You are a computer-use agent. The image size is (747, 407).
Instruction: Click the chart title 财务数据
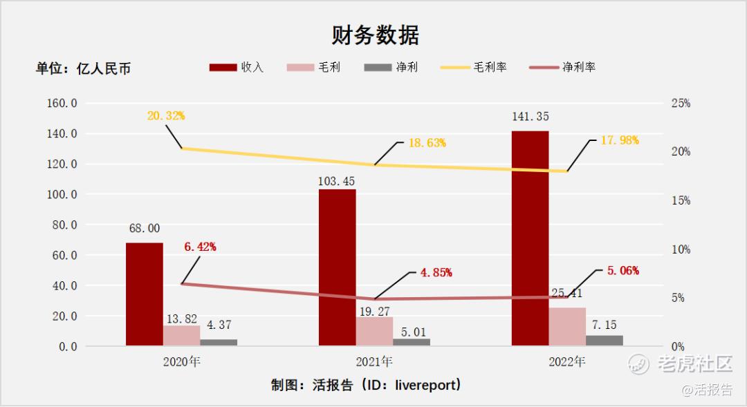point(374,35)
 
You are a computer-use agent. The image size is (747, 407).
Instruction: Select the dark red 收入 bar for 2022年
point(530,238)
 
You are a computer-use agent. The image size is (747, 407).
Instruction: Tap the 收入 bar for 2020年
point(145,294)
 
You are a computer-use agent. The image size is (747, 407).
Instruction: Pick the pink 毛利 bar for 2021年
point(374,331)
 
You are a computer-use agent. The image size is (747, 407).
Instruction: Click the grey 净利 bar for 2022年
point(604,340)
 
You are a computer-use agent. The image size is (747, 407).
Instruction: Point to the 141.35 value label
point(530,117)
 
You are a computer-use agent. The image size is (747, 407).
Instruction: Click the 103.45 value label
point(337,181)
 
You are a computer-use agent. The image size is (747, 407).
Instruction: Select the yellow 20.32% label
point(166,116)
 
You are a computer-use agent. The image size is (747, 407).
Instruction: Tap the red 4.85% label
point(436,272)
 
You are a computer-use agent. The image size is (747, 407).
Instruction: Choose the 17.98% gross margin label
point(620,140)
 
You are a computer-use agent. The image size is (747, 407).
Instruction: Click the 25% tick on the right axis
point(681,104)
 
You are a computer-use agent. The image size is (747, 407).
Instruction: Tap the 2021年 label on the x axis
point(374,361)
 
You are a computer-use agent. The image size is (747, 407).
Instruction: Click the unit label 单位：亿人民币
point(83,68)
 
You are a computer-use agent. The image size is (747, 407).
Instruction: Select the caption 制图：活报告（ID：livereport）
point(366,385)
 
